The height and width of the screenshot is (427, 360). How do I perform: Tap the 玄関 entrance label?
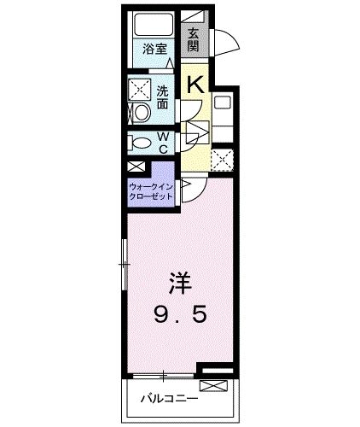193,40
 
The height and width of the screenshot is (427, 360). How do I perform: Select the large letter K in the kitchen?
195,84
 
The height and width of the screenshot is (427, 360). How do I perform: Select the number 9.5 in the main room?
179,316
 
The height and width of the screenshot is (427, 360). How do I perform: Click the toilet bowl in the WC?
142,143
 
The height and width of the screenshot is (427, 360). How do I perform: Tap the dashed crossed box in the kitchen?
223,158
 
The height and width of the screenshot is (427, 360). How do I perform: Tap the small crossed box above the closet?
135,167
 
